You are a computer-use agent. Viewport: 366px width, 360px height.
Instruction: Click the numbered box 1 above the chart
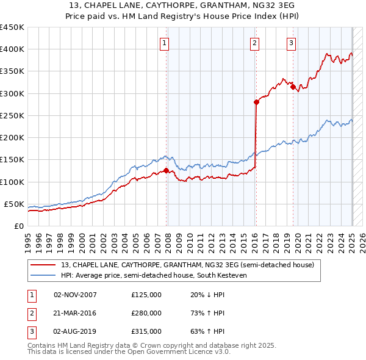point(165,43)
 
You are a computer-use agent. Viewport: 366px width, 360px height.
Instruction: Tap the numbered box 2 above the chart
point(254,43)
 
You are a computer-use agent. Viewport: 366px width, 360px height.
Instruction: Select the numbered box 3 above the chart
point(292,43)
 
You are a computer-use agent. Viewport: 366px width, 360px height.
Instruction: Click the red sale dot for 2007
point(167,171)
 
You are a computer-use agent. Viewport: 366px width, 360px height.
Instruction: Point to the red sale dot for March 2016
point(256,103)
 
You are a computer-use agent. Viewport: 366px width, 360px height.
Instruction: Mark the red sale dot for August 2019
point(293,87)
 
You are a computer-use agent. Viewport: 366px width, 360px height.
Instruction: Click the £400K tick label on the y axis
point(12,49)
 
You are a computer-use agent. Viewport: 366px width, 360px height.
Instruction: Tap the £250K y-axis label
point(12,115)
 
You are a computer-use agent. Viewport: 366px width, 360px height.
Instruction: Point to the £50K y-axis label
point(15,204)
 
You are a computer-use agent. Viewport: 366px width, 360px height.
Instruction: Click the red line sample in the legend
point(43,265)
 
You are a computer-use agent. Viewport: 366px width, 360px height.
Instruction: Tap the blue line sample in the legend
point(43,275)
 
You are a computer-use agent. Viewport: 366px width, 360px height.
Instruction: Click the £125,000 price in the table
point(146,295)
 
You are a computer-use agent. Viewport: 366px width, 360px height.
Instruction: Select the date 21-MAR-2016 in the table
point(76,313)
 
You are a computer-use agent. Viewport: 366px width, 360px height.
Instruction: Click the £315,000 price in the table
point(146,331)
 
